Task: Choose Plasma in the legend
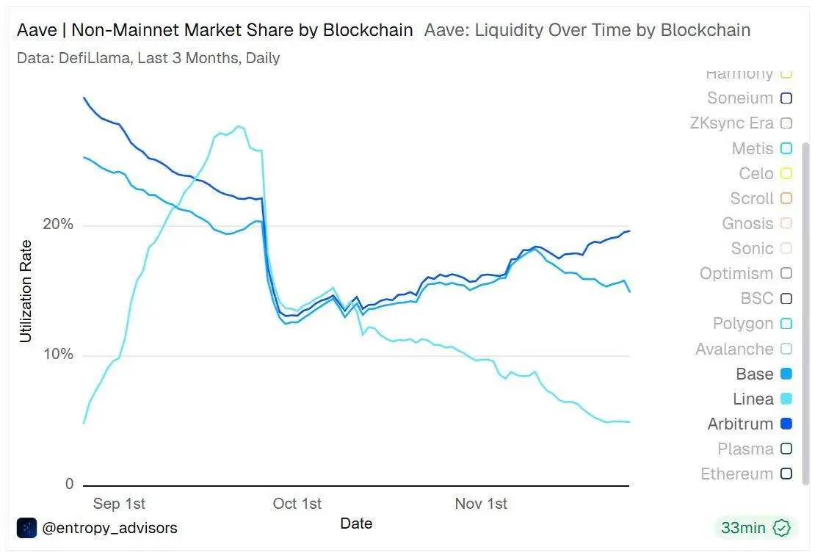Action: tap(745, 449)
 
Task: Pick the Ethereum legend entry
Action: tap(736, 474)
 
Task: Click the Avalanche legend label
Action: tap(734, 349)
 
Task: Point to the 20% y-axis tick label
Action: tap(58, 225)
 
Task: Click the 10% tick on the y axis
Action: tap(58, 355)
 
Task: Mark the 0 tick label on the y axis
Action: tap(70, 484)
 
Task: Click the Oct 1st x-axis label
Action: tap(297, 504)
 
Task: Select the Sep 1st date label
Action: tap(119, 504)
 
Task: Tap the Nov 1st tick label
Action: tap(481, 504)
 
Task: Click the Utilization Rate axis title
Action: tap(26, 291)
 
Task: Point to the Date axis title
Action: tap(356, 523)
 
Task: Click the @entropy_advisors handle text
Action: tap(109, 528)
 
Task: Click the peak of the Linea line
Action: tap(239, 126)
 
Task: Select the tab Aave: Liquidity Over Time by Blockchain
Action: tap(587, 30)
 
